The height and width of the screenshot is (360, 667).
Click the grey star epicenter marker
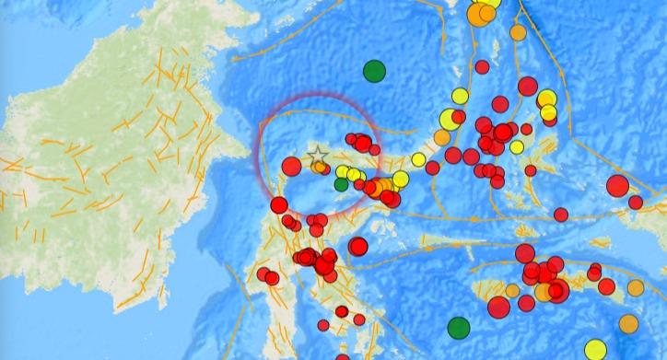317,155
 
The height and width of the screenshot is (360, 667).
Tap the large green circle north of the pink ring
374,70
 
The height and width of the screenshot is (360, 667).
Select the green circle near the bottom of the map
458,327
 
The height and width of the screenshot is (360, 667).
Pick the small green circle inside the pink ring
341,185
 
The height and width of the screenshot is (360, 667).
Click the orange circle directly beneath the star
319,168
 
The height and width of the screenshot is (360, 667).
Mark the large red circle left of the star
291,166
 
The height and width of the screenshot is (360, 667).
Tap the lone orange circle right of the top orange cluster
518,32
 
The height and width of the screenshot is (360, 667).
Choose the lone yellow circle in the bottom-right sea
593,271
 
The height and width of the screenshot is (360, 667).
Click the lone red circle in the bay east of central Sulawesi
357,245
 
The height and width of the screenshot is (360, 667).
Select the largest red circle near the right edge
617,186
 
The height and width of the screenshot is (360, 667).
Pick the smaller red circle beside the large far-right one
636,203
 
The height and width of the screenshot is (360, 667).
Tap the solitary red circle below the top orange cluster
482,66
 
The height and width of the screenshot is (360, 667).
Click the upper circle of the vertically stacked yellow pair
547,99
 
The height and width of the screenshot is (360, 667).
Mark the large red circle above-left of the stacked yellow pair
527,87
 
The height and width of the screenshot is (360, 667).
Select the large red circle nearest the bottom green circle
498,307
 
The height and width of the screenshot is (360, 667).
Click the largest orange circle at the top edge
479,15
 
